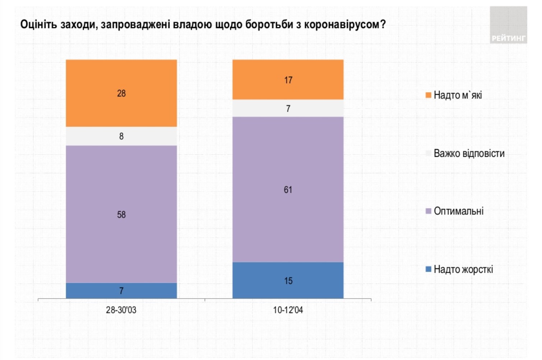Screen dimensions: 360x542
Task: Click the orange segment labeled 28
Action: [121, 93]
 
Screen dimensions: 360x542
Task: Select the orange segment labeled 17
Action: [288, 79]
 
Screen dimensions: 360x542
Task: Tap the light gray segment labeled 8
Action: [121, 136]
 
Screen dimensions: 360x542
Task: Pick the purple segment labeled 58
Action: [121, 214]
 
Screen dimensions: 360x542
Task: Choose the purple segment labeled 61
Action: [288, 190]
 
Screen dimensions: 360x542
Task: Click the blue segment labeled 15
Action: [288, 280]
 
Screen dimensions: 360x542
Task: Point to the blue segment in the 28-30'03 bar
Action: [121, 291]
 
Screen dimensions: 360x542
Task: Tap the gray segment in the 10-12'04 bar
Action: [288, 108]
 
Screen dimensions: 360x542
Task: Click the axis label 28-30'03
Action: [121, 310]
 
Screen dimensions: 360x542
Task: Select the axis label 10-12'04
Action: [288, 310]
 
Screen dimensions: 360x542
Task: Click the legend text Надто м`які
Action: [458, 95]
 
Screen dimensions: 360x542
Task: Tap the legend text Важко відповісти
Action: [469, 154]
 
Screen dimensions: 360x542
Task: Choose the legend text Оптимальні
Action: [459, 211]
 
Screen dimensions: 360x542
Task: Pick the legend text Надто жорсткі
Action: [463, 269]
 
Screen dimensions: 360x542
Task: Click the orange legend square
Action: [428, 95]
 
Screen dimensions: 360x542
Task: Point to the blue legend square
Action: [428, 269]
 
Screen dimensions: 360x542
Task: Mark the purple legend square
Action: [428, 211]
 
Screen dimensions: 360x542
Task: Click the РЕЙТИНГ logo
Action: [508, 25]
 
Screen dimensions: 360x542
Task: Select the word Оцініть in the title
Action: [38, 24]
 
